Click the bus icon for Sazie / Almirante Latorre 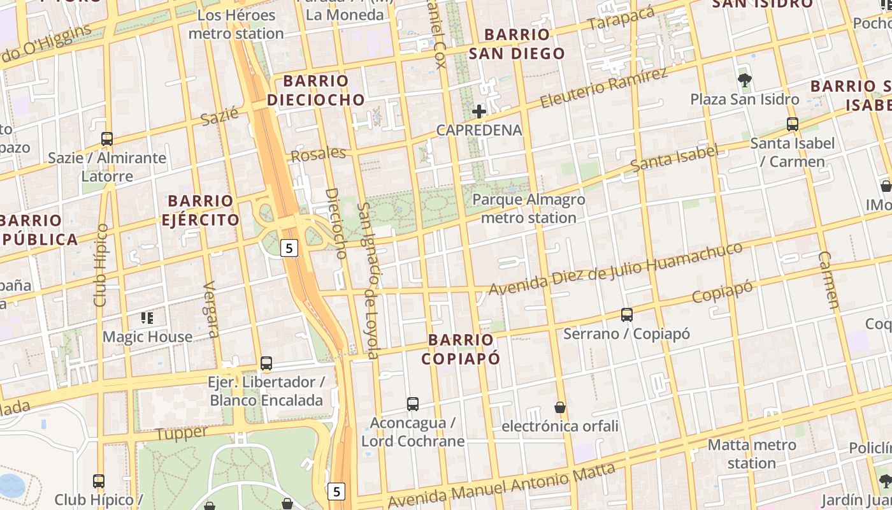107,138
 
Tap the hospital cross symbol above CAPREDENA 479,112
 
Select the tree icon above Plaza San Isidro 744,80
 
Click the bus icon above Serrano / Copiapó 627,314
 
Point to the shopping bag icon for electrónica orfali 560,407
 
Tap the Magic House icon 147,317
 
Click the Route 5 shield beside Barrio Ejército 289,248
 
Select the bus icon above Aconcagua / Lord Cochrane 413,404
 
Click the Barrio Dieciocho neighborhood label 315,90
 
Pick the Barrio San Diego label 517,44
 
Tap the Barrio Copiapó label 461,349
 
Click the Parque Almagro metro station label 528,208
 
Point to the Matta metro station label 752,453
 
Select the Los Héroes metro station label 236,24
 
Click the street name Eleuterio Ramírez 603,88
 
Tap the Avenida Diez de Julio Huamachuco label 615,268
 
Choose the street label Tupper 182,433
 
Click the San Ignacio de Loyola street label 369,280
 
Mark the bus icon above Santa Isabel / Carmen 793,124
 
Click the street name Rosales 318,154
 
